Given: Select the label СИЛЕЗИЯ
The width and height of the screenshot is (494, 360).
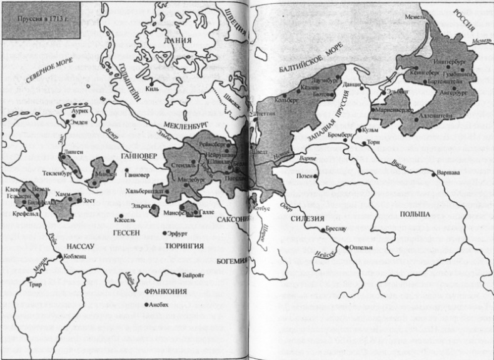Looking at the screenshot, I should coord(306,219).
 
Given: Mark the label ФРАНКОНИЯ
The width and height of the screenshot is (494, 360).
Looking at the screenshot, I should coord(167,291).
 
